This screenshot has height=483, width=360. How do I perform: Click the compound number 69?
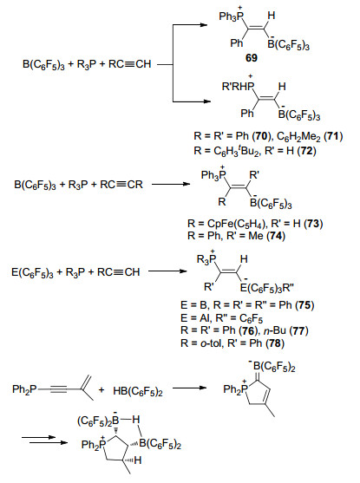(x=252, y=57)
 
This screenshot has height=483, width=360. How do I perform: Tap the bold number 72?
(x=307, y=151)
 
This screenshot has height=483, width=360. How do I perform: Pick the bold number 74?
(x=276, y=236)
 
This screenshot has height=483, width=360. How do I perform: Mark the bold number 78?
(x=275, y=343)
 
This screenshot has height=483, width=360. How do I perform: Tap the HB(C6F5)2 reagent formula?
(x=138, y=391)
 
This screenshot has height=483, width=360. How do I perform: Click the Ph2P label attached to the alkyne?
(x=24, y=389)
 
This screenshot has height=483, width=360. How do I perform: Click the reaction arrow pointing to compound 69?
(x=190, y=24)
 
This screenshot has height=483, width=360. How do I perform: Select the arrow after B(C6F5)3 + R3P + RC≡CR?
(x=170, y=184)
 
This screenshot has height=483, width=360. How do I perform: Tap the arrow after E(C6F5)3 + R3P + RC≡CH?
(x=167, y=271)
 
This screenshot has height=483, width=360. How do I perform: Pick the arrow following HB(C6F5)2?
(x=189, y=388)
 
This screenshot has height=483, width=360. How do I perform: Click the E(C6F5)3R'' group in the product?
(x=267, y=288)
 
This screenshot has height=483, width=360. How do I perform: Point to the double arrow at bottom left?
(x=44, y=440)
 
